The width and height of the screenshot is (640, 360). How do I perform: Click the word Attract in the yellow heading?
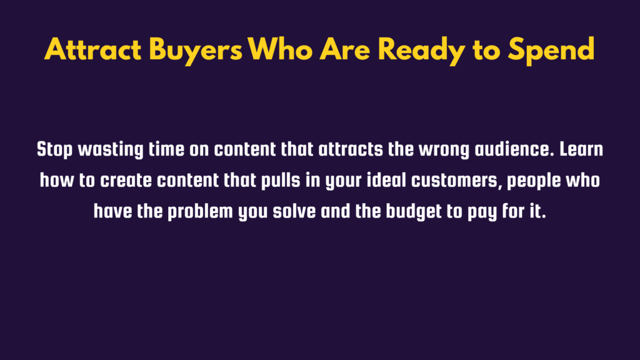pos(93,49)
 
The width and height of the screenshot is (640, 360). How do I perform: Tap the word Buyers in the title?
pos(196,51)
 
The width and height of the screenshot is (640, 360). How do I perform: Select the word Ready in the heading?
pos(421,51)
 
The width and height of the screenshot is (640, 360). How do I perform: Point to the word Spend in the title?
pos(551,51)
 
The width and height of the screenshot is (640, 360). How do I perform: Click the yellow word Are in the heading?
pos(344,49)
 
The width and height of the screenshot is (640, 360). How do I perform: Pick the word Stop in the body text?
pos(55,150)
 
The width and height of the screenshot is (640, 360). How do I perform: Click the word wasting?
pos(111,150)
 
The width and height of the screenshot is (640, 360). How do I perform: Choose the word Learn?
pos(581,149)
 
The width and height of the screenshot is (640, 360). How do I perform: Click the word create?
pos(126,181)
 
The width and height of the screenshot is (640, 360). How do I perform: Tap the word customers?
pos(456,181)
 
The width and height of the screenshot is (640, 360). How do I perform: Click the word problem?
pos(201,212)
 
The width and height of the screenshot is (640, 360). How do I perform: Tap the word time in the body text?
pos(166,150)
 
